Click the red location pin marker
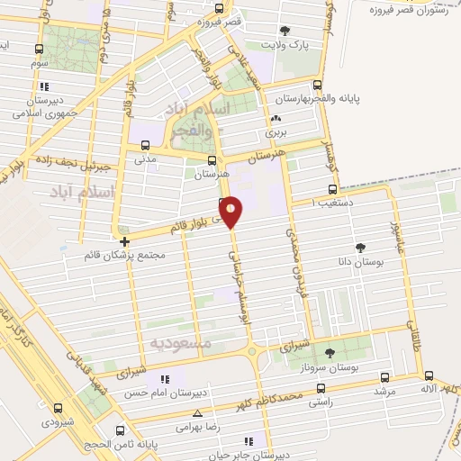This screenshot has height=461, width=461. tap(231, 211)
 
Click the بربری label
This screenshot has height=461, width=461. tap(274, 132)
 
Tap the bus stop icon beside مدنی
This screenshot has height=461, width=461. tap(146, 145)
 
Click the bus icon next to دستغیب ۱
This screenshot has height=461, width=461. tap(333, 190)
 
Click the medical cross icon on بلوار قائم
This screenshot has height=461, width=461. tap(124, 241)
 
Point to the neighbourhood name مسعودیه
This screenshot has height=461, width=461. tap(179, 343)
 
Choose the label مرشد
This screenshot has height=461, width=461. tap(383, 392)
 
